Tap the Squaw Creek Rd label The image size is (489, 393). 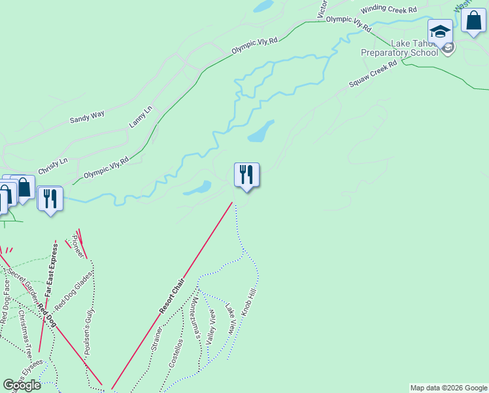click(373, 75)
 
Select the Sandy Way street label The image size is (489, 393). click(87, 117)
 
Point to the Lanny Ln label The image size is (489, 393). click(140, 116)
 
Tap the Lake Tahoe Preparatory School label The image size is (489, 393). click(399, 48)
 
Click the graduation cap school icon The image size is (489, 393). click(441, 31)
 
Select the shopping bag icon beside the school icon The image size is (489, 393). click(473, 20)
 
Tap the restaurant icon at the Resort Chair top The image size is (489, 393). click(246, 175)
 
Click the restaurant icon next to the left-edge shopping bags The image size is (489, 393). click(50, 199)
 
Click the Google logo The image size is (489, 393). click(22, 385)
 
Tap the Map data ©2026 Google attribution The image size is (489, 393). click(448, 388)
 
